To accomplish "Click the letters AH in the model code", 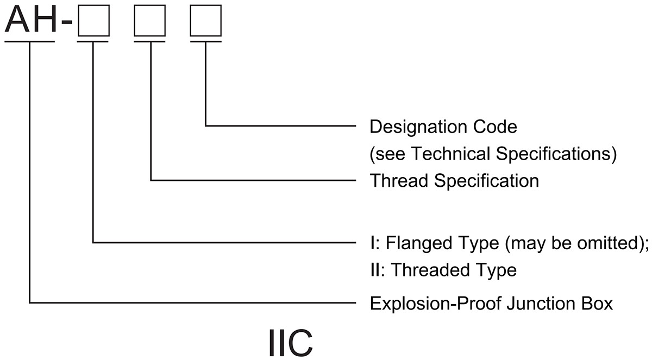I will (x=30, y=21).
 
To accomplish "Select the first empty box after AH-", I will (x=94, y=21).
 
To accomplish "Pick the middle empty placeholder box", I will (x=150, y=21).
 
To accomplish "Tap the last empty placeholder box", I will (x=206, y=21).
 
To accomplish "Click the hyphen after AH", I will (x=66, y=24).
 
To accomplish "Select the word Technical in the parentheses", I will (x=450, y=154).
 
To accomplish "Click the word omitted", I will (x=611, y=243).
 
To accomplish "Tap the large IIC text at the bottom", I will (x=291, y=342).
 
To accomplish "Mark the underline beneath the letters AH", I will (x=30, y=41).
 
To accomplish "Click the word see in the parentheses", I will (x=389, y=154).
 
